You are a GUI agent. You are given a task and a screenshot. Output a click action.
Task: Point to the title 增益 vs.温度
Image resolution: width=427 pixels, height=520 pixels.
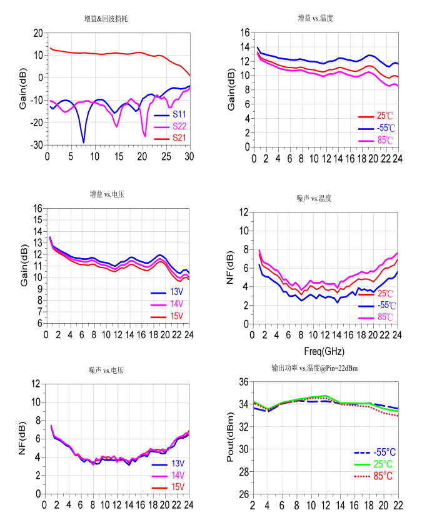[x=315, y=19]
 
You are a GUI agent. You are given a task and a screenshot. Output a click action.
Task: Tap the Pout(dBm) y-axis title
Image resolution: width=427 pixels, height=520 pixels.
[x=229, y=437]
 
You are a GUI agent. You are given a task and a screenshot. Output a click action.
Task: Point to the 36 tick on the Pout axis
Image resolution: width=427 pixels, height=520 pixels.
[x=242, y=382]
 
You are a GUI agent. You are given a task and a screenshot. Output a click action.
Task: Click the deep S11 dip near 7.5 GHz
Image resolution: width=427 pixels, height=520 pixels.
[x=83, y=142]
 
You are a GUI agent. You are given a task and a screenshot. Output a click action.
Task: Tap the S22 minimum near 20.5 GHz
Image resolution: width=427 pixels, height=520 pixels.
[x=145, y=136]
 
